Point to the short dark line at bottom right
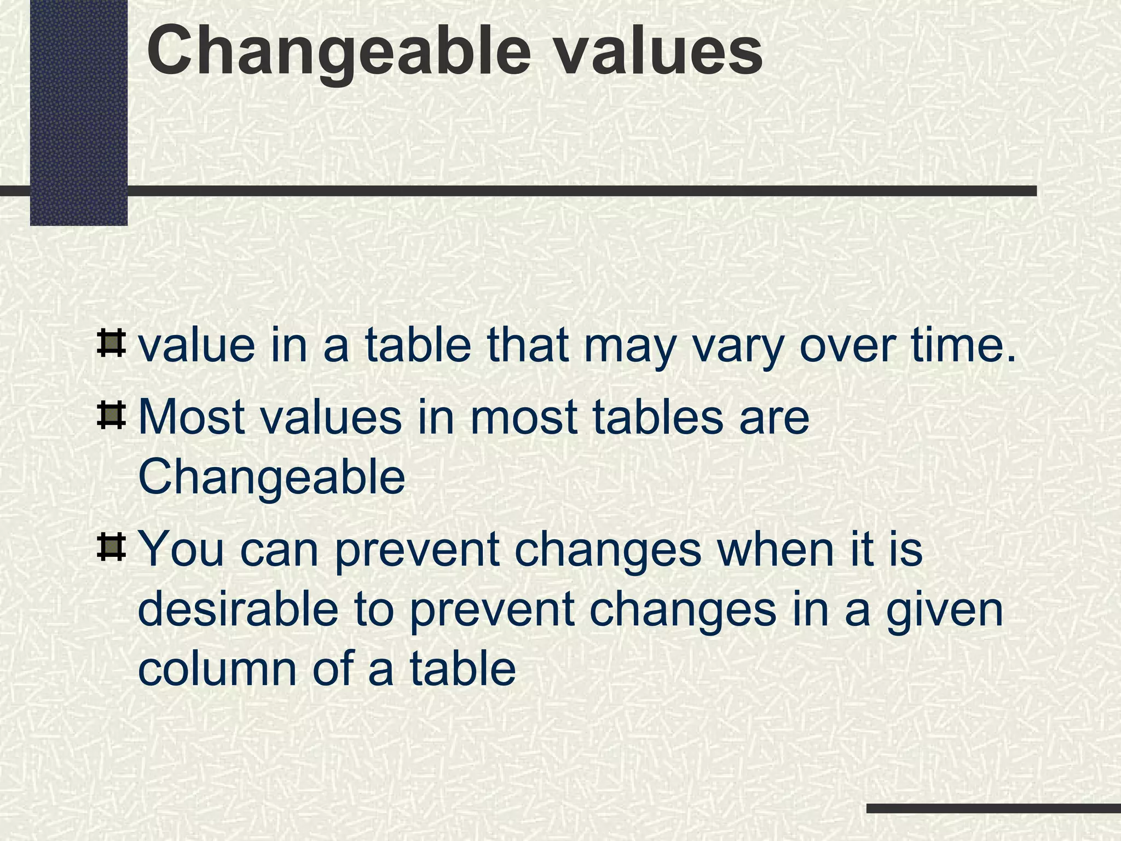click(x=993, y=809)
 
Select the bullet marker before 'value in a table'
click(x=111, y=344)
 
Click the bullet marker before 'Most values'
click(x=111, y=416)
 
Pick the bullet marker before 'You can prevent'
click(x=111, y=548)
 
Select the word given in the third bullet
click(x=945, y=611)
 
